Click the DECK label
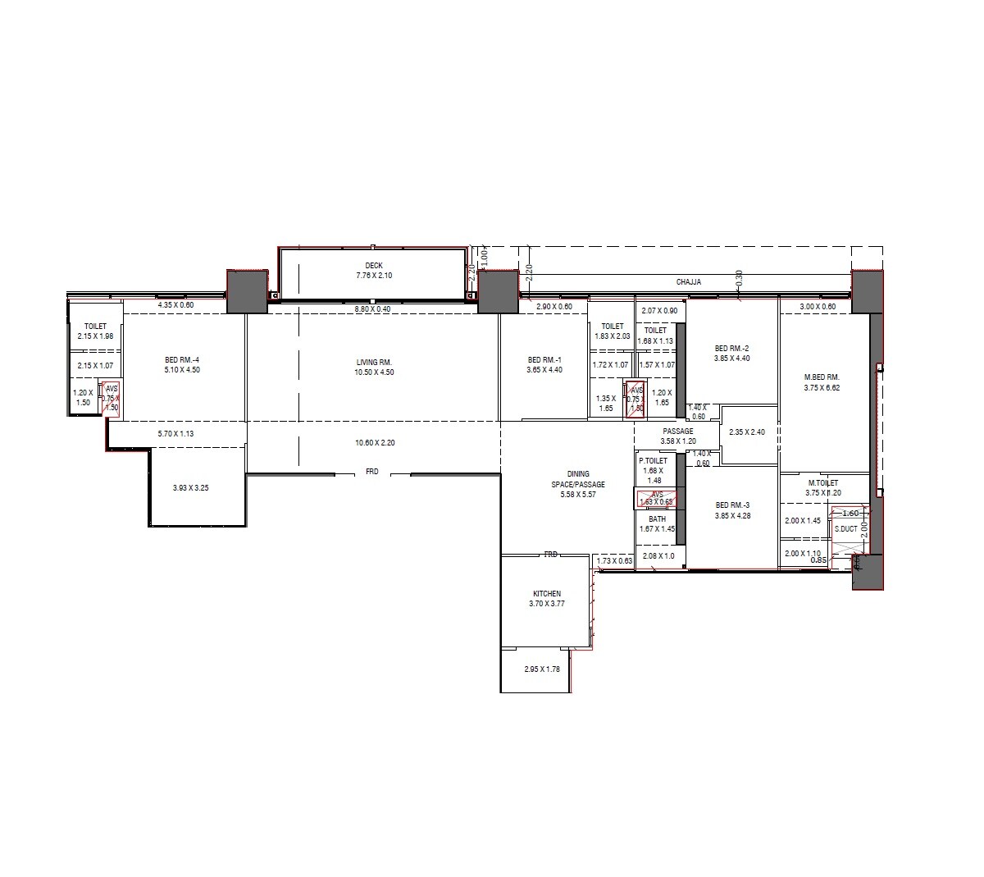click(x=374, y=265)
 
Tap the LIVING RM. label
click(x=374, y=362)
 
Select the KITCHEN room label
click(x=547, y=593)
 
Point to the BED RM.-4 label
click(x=182, y=359)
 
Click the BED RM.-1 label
click(x=544, y=359)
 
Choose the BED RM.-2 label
click(x=731, y=348)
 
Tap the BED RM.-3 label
click(x=732, y=505)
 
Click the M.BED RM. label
click(x=822, y=377)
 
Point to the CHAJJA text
click(x=688, y=282)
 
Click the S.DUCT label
click(x=845, y=529)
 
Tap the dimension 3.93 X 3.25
click(x=190, y=487)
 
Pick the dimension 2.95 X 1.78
click(x=541, y=669)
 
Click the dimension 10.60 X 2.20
click(x=375, y=443)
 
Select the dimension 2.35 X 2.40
click(x=747, y=432)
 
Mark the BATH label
click(x=657, y=519)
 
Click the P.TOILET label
click(x=654, y=461)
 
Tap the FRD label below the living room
click(x=372, y=472)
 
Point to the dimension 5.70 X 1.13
click(x=175, y=433)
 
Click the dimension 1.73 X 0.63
click(x=614, y=561)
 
